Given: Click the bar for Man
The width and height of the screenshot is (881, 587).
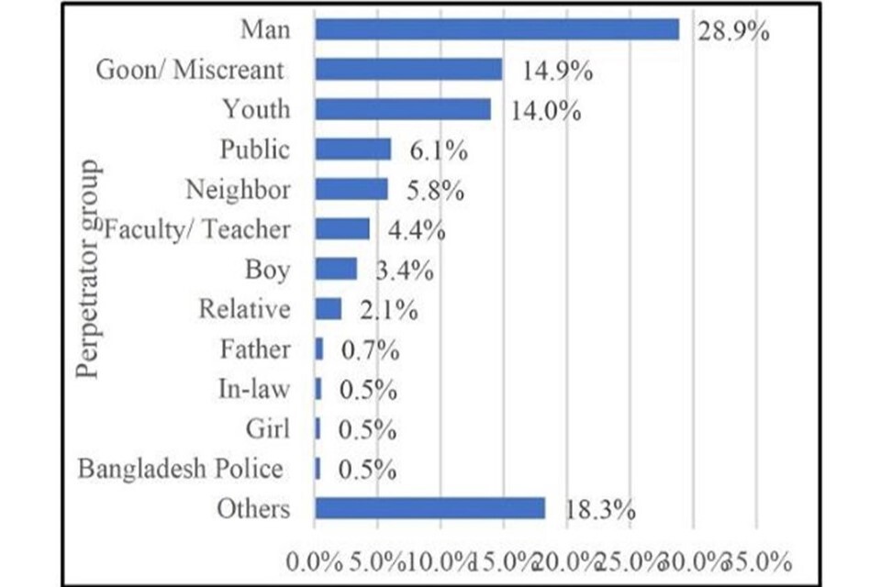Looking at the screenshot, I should (496, 29).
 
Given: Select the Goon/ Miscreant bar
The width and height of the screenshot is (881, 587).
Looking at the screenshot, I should (408, 70).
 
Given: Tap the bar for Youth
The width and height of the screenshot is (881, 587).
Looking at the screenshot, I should (403, 109).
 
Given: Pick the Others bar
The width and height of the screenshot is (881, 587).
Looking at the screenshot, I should (429, 508).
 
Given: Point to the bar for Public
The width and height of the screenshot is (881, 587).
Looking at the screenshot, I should (352, 150).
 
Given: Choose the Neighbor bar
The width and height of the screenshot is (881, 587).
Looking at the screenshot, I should (351, 189).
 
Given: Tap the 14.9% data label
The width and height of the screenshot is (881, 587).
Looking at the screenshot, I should (558, 71).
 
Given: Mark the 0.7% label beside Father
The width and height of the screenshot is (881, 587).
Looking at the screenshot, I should (367, 349).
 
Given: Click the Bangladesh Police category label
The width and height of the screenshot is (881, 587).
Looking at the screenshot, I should (180, 469).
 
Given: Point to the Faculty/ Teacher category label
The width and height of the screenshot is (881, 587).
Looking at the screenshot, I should (198, 229).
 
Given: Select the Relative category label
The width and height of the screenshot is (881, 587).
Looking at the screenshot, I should (244, 309).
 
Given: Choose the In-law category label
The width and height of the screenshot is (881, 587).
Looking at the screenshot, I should (254, 389).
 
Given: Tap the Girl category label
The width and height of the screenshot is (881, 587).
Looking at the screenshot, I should (268, 429).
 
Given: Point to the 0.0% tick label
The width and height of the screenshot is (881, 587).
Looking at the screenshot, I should (315, 560).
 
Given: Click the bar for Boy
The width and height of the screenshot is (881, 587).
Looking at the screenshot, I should (336, 269).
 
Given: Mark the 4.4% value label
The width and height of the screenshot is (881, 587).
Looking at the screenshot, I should (416, 230).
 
